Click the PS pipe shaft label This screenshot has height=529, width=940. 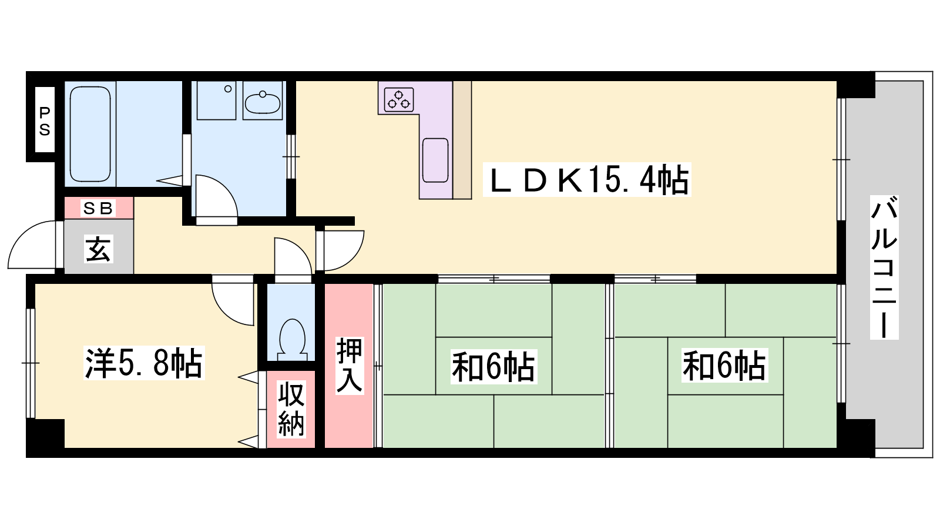click(x=45, y=121)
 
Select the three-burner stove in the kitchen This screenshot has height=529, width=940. click(x=399, y=99)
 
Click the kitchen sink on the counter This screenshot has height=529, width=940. click(x=435, y=160)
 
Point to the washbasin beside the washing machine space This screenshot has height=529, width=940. click(x=262, y=102)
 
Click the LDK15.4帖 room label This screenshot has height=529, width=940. click(x=587, y=180)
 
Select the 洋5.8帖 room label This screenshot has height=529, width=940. click(x=144, y=363)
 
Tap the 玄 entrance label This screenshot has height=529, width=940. click(x=99, y=249)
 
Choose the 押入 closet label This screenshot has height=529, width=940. click(x=350, y=365)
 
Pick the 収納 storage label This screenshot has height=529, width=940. click(x=291, y=408)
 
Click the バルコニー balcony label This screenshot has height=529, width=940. click(x=884, y=267)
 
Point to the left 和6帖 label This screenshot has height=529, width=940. click(x=493, y=366)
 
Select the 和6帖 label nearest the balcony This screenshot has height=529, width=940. click(x=724, y=366)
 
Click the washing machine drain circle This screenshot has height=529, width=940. click(x=228, y=89)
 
